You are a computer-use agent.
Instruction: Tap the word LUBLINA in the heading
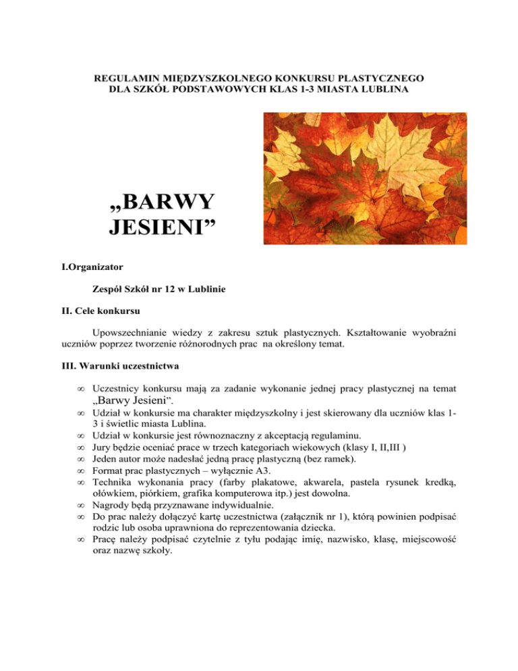pos(384,89)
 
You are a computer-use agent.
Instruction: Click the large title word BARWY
pos(162,202)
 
